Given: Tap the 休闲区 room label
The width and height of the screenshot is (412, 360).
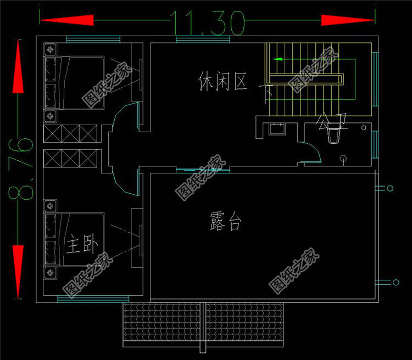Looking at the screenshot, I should point(222,82).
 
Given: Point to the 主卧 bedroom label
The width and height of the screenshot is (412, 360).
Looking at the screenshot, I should point(81,245).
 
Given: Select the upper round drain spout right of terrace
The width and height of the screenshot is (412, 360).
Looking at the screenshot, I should point(389,189).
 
